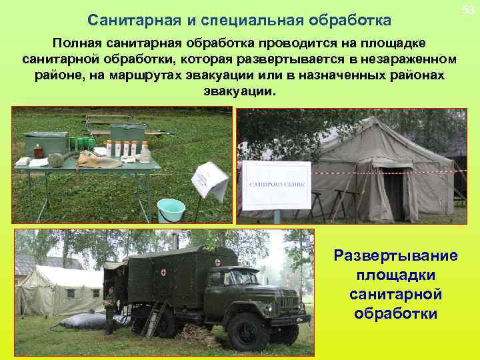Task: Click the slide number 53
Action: (x=468, y=9)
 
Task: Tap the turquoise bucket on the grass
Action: (x=171, y=210)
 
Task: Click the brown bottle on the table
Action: (x=39, y=151)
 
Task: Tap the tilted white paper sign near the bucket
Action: (x=209, y=178)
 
